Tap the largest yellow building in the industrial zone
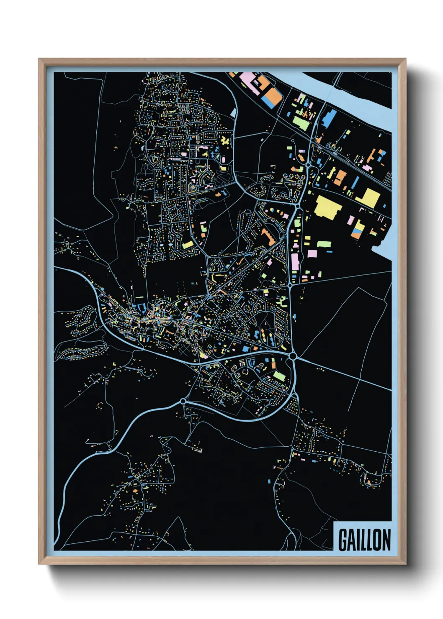(327, 207)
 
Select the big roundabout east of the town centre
(293, 356)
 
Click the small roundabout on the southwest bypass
(183, 401)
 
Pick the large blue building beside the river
(329, 118)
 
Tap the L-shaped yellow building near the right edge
(368, 197)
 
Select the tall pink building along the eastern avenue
(295, 262)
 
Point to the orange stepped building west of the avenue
(267, 237)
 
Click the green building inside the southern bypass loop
(279, 376)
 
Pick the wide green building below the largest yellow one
(324, 244)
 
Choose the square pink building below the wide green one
(313, 253)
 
